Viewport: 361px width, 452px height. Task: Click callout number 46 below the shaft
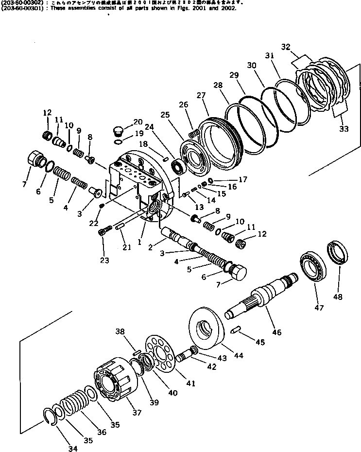pos(276,332)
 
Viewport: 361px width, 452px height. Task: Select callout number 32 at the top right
pos(286,47)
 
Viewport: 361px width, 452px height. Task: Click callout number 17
pos(243,179)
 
